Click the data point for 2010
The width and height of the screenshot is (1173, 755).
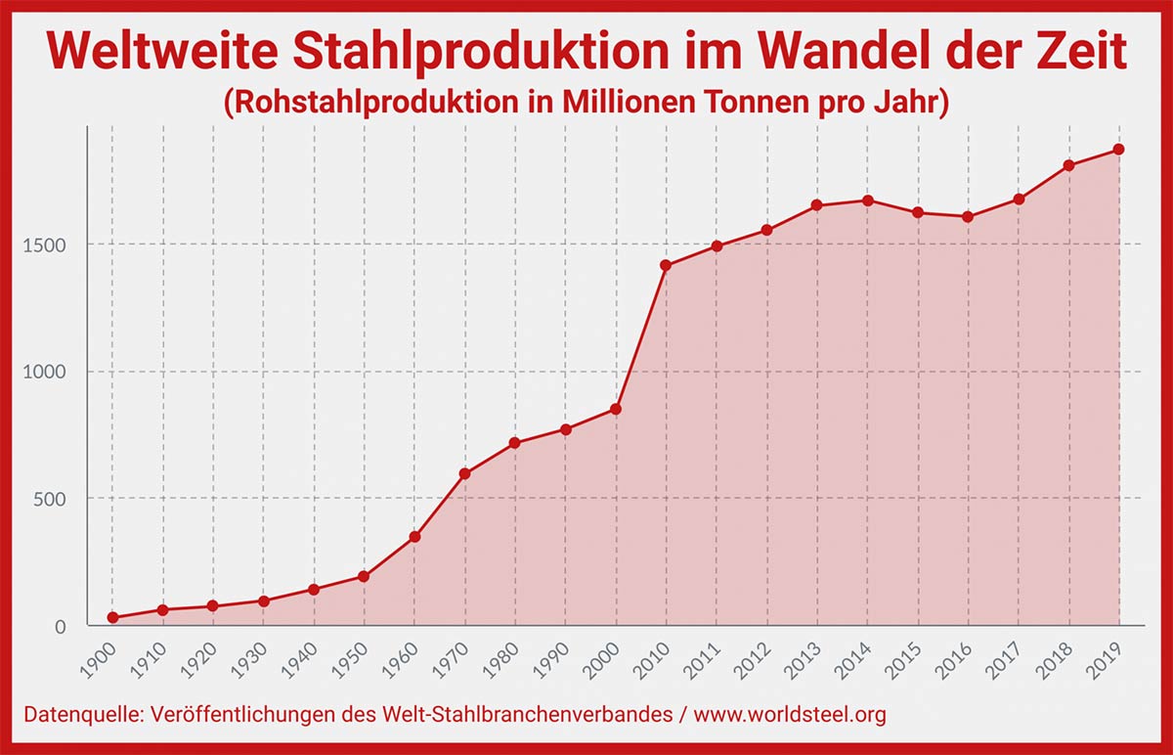coord(666,265)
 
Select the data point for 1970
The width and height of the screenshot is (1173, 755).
coord(464,474)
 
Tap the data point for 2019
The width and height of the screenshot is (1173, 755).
coord(1119,150)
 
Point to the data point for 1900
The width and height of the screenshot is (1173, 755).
coord(112,618)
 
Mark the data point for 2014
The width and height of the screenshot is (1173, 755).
coord(867,200)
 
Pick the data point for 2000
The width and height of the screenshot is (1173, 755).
coord(616,409)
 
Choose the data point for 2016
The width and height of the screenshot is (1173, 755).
coord(968,217)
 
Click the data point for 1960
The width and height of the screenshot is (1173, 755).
coord(414,537)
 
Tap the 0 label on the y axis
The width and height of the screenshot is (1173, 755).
coord(60,626)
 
